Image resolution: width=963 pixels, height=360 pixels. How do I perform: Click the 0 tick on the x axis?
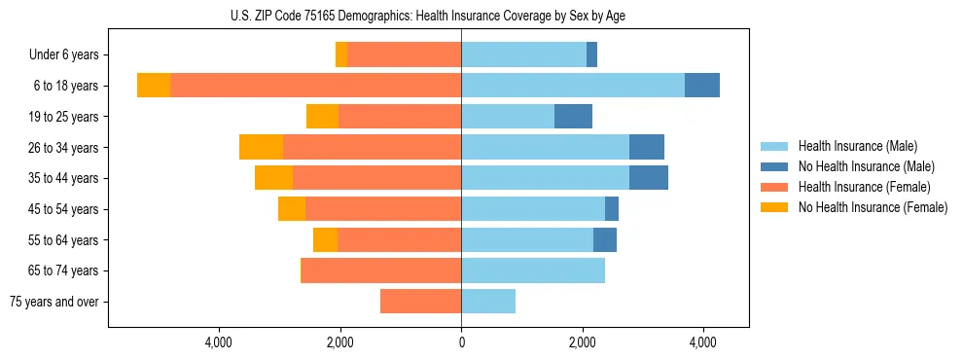click(x=461, y=342)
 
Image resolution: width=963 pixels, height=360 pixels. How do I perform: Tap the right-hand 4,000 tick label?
click(x=703, y=342)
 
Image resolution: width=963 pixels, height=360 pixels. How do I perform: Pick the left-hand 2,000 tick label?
click(x=339, y=342)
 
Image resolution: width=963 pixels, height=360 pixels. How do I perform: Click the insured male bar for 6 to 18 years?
click(x=573, y=86)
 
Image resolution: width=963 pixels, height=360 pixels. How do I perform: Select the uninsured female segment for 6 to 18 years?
click(x=154, y=86)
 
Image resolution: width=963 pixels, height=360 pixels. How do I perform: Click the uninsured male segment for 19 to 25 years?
click(x=573, y=117)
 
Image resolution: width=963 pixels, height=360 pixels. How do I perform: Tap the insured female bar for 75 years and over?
click(x=420, y=302)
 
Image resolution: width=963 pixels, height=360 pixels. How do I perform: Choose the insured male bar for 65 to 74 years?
click(x=533, y=270)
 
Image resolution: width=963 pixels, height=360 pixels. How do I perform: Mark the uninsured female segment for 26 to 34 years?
click(x=261, y=147)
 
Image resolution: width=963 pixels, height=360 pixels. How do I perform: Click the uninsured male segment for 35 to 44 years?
click(x=649, y=178)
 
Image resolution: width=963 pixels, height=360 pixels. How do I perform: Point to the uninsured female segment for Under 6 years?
click(x=341, y=55)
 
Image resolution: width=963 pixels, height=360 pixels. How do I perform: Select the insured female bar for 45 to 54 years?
click(x=383, y=209)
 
